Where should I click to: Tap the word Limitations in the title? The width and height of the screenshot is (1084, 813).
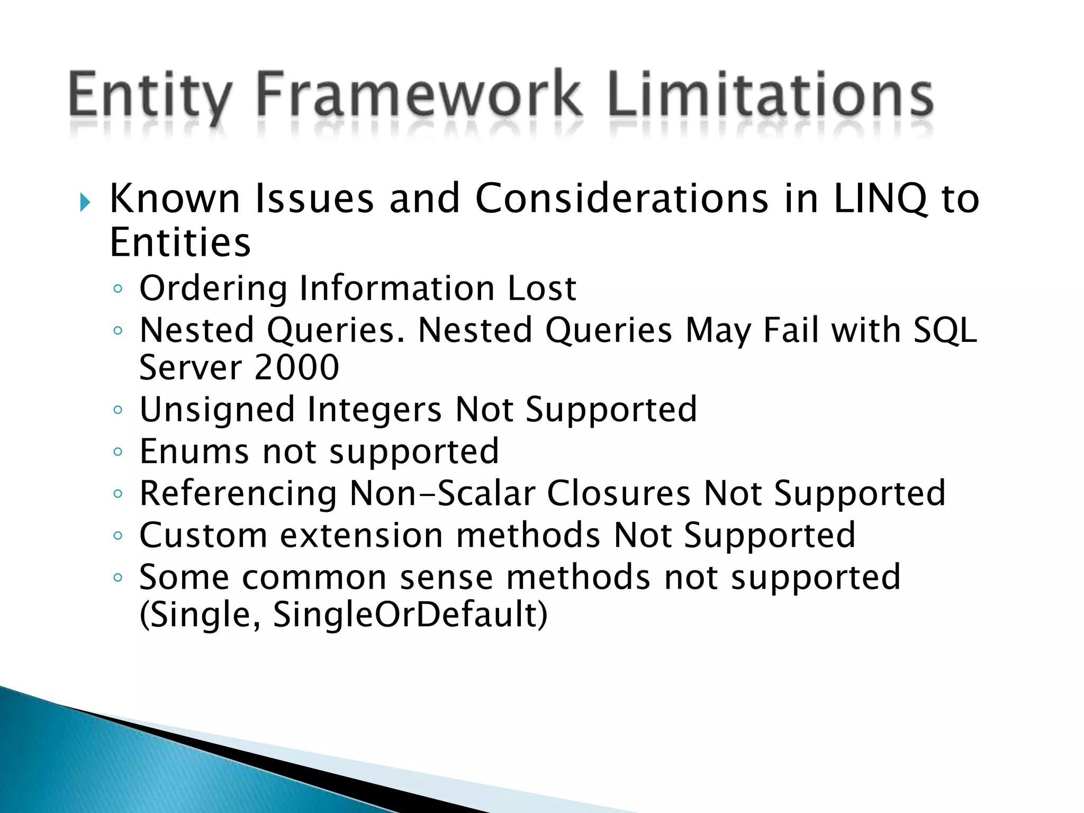tap(770, 95)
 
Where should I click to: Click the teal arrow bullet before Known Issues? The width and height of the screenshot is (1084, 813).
tap(85, 202)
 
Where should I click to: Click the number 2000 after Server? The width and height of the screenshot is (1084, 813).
tap(296, 367)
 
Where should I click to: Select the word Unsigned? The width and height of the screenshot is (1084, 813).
tap(217, 410)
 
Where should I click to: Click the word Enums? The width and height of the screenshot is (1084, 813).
tap(194, 451)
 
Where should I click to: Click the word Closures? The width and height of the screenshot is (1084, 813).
tap(619, 493)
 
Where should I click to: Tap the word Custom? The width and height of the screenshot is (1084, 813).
tap(203, 535)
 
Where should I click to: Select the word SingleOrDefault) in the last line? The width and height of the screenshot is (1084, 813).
tap(410, 615)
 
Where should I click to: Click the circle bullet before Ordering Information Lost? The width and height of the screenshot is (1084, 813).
tap(118, 289)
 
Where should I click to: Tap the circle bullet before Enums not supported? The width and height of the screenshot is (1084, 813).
tap(118, 452)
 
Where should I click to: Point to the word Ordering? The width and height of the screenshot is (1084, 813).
tap(213, 289)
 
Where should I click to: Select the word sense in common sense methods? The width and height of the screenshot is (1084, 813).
tap(446, 577)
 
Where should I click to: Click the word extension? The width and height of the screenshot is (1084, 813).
tap(362, 535)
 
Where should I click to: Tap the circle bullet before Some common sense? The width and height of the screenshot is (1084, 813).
tap(118, 577)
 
